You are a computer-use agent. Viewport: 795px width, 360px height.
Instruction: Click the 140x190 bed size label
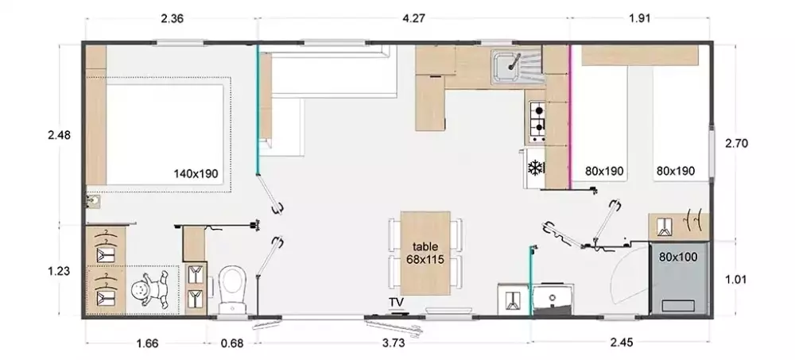click(196, 174)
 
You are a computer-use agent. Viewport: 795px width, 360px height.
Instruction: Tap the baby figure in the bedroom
click(149, 291)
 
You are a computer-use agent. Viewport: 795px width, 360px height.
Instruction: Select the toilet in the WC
click(232, 289)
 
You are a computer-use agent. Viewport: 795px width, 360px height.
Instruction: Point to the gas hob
click(537, 121)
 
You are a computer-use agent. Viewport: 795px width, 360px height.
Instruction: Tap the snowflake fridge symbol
click(535, 168)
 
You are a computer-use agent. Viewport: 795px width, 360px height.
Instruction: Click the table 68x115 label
click(425, 253)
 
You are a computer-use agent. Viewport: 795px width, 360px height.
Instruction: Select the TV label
click(396, 303)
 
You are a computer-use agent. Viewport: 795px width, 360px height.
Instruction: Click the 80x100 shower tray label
click(678, 257)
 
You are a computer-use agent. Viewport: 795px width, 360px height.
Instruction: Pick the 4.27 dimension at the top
click(413, 19)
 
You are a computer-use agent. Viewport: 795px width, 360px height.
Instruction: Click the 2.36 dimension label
click(172, 19)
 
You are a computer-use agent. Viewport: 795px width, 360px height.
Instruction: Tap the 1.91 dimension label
click(639, 19)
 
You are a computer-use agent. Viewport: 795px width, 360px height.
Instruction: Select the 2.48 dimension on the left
click(60, 135)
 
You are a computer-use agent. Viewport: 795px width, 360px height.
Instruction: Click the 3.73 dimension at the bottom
click(393, 343)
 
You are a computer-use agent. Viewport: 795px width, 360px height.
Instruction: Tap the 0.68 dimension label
click(232, 343)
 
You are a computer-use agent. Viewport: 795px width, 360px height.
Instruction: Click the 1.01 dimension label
click(736, 280)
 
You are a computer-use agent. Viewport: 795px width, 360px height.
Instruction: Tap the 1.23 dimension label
click(59, 271)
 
